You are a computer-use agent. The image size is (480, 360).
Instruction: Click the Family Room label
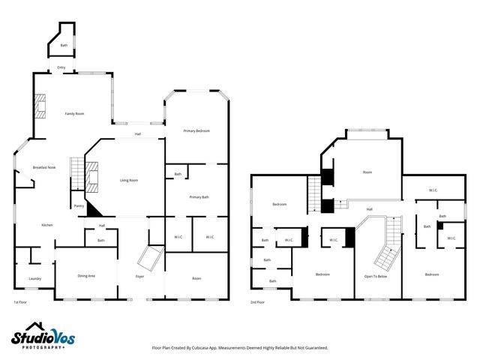click(x=73, y=113)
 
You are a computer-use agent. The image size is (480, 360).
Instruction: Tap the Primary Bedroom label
click(x=196, y=131)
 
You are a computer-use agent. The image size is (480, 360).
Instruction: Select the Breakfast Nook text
click(x=44, y=167)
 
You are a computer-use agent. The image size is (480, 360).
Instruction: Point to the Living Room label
click(x=129, y=180)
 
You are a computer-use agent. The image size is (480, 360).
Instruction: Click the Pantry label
click(x=79, y=205)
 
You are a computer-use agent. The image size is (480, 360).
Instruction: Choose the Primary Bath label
click(x=199, y=196)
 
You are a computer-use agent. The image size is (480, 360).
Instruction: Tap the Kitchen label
click(x=46, y=225)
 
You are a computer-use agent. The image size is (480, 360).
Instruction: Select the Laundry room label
click(x=34, y=278)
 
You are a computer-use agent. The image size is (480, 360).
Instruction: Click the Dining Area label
click(x=86, y=276)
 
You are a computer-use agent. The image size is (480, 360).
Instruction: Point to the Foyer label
click(x=139, y=276)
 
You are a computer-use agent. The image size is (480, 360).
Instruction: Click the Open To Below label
click(x=375, y=276)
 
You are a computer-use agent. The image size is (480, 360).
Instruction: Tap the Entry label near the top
click(x=61, y=67)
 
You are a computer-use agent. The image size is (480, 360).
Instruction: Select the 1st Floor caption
click(x=20, y=302)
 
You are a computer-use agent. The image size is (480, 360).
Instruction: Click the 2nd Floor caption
click(x=257, y=302)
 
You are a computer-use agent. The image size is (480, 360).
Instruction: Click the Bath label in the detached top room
click(x=64, y=46)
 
